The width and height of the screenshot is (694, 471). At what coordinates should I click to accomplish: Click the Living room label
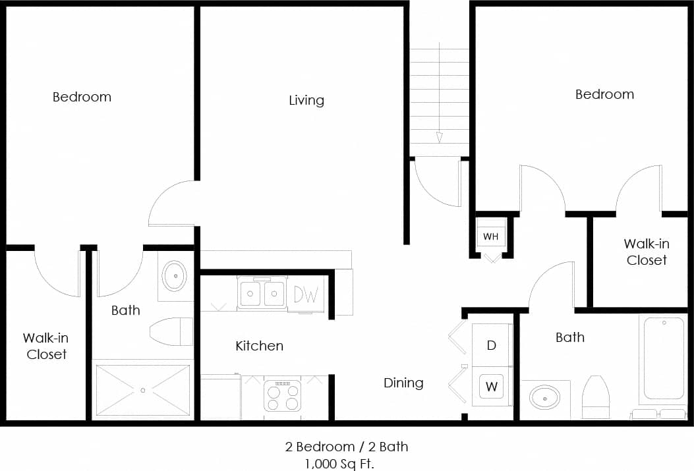point(306,100)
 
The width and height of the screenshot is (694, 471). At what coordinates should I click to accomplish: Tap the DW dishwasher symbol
point(306,294)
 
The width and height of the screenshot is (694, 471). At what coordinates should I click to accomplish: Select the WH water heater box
point(491,236)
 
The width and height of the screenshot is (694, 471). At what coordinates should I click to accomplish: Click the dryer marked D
point(492,346)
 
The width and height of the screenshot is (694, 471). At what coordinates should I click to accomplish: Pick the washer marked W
point(492,387)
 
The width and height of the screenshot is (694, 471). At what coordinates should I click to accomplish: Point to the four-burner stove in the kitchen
point(282,396)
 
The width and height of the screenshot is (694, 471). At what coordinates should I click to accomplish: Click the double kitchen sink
point(262,293)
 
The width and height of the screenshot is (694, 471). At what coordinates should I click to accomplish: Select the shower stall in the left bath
point(143,390)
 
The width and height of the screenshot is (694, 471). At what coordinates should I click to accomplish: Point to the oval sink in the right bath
point(545,398)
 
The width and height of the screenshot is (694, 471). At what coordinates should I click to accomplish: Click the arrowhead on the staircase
point(439,137)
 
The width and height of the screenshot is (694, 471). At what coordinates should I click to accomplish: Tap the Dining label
point(403,383)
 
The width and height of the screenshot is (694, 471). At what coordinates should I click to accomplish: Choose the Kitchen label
point(259,346)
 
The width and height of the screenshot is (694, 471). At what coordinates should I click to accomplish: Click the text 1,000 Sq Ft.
point(339,463)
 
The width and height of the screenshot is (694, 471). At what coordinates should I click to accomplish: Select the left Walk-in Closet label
point(46,346)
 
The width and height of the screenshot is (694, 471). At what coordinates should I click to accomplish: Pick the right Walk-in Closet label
point(647,252)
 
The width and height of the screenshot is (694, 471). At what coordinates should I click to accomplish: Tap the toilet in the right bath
point(596,397)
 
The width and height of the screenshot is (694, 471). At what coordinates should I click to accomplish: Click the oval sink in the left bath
point(175,276)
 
